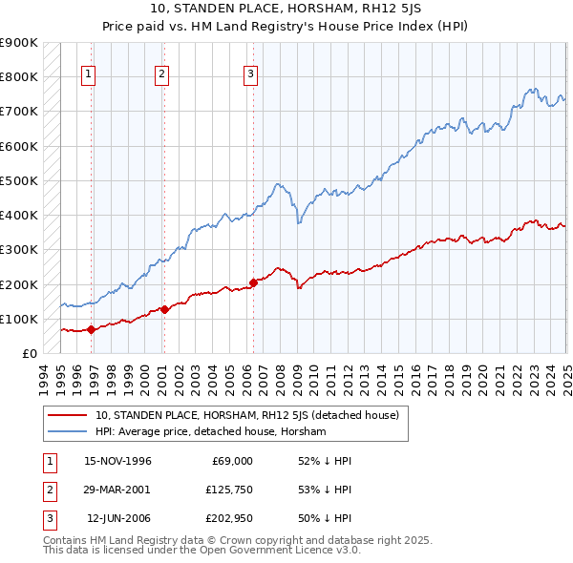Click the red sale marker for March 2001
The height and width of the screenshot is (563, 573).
point(164,309)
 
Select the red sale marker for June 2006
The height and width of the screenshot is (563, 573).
point(253,282)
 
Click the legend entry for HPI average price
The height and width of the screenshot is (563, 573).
point(210,431)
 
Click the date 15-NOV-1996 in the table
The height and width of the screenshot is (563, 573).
point(117,461)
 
